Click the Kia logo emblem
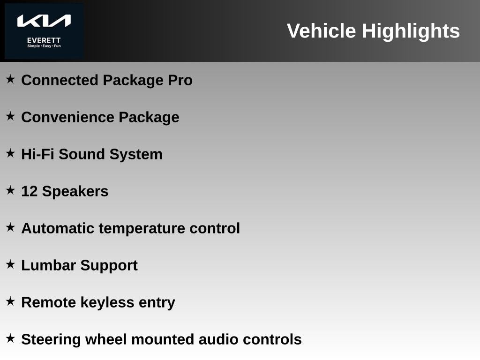[44, 21]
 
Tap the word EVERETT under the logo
[44, 40]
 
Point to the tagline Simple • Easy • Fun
[44, 46]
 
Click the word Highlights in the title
[411, 31]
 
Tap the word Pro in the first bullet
[180, 80]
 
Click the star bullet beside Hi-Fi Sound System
[10, 153]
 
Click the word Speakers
[75, 191]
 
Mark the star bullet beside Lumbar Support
[10, 264]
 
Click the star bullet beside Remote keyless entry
[10, 301]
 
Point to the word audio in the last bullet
[217, 339]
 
